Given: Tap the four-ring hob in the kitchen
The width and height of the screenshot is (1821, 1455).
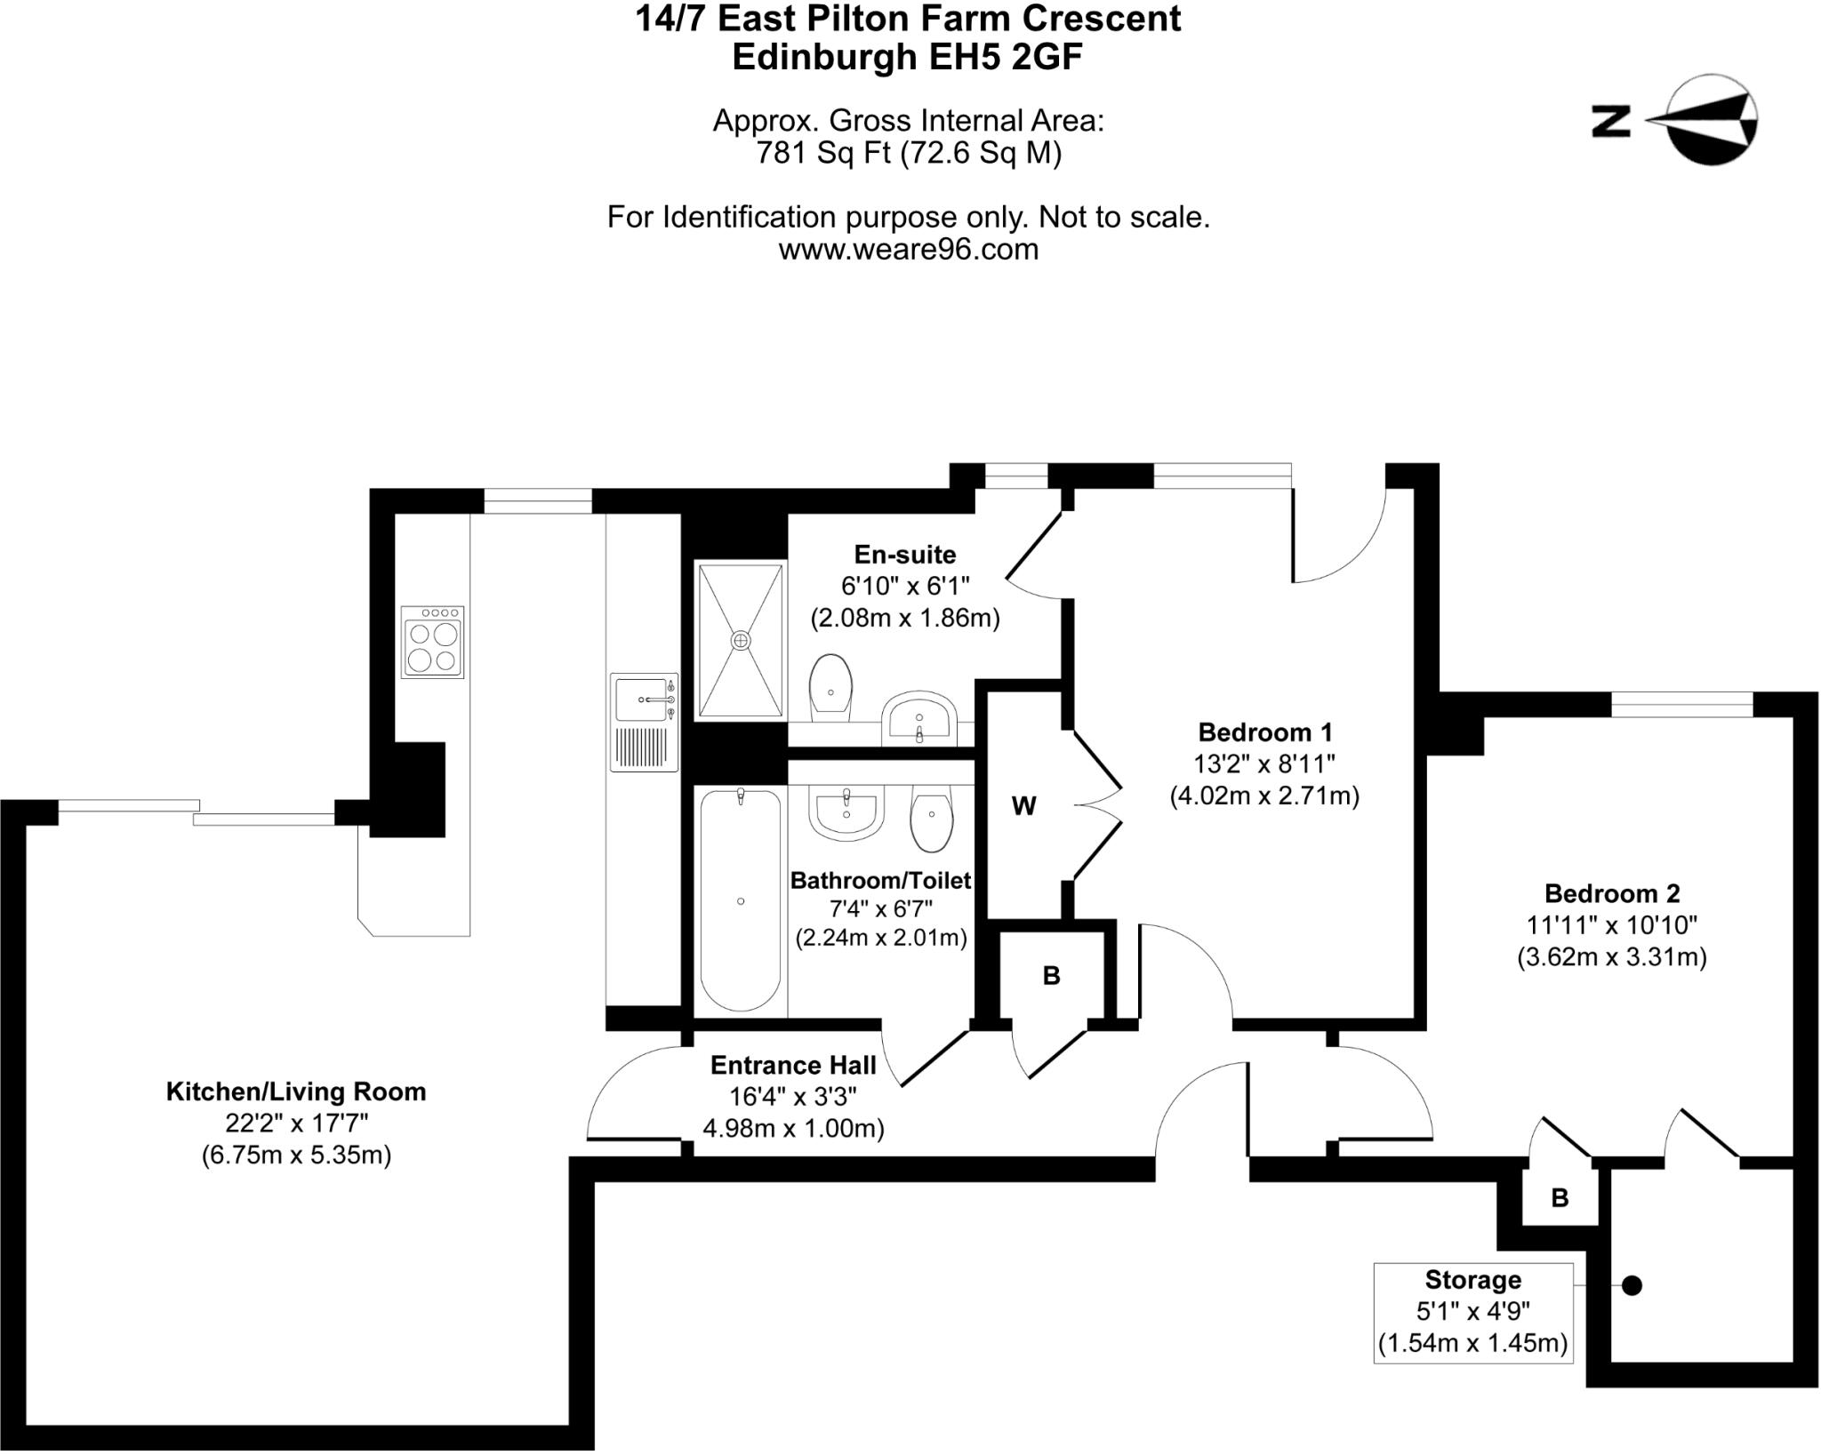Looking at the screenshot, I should (x=432, y=643).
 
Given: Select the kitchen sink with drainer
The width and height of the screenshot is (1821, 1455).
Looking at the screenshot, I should (x=644, y=722).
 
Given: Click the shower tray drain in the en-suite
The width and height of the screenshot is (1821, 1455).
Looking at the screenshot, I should (x=741, y=640).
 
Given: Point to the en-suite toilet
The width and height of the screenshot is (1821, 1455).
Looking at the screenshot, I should (x=830, y=688).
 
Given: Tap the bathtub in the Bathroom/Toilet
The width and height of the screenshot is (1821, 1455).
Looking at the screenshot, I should (x=741, y=900).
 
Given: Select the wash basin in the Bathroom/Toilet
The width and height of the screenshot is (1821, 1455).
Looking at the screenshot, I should (x=846, y=811).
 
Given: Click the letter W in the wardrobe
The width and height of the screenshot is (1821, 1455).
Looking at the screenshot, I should (x=1023, y=806).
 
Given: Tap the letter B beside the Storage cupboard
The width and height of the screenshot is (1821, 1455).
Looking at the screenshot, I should (x=1560, y=1198).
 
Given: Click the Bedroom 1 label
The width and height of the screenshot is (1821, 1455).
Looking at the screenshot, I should (x=1264, y=732).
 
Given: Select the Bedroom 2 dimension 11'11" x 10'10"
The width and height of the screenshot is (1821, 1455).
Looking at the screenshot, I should (x=1611, y=925).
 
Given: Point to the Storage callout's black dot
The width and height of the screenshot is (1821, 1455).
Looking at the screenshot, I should (x=1632, y=1285).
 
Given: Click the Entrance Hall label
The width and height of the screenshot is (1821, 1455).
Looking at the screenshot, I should (x=793, y=1065).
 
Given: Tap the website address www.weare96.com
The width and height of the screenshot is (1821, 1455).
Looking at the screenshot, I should (x=908, y=250).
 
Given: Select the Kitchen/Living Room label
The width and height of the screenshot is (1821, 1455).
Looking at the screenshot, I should (x=296, y=1091).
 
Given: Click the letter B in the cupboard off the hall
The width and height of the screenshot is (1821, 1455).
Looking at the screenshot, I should (x=1051, y=976).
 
